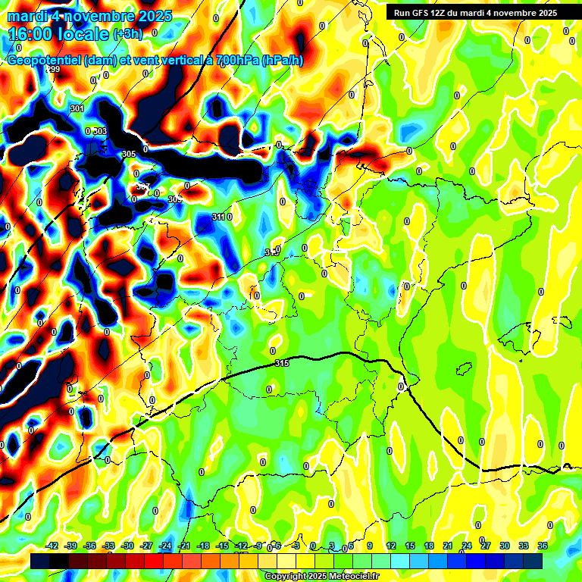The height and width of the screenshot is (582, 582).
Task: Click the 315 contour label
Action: (282, 364)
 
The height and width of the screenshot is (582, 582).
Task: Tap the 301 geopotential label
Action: (77, 109)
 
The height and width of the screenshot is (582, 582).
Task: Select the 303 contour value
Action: (100, 132)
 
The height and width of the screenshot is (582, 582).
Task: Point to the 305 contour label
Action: (128, 155)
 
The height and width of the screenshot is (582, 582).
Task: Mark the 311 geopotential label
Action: (218, 217)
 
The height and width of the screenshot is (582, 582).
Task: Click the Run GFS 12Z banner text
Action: (424, 13)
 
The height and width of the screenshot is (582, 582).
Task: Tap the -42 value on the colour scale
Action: (52, 546)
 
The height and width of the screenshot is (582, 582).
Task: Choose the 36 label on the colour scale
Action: (543, 546)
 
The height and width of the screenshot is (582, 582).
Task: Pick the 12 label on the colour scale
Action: (391, 546)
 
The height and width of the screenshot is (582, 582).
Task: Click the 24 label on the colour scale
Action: (467, 546)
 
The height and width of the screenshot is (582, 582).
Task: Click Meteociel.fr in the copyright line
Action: (349, 577)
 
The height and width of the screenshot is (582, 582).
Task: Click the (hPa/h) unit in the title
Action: (282, 61)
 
